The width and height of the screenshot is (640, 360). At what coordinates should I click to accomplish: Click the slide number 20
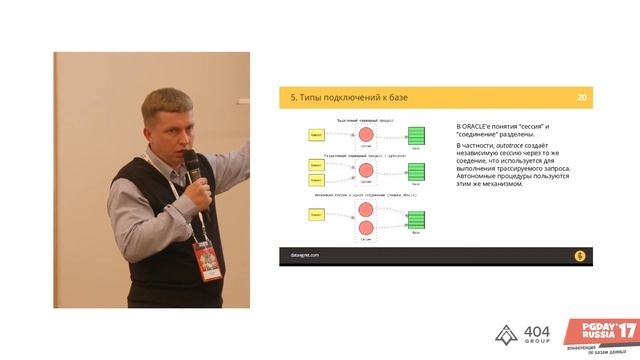point(581,97)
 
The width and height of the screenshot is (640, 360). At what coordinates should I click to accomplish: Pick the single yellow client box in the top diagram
point(315,133)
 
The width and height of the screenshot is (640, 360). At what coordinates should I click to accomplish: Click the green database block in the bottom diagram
point(419,220)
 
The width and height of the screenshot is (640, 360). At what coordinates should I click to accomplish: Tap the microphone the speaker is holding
point(192,169)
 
